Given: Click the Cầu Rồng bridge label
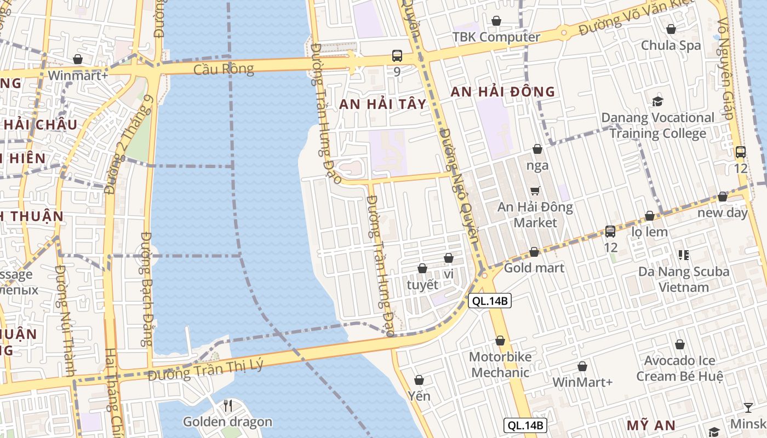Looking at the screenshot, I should click(224, 70).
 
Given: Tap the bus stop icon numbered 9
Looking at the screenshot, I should click(397, 56).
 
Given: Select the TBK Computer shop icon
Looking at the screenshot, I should click(496, 21).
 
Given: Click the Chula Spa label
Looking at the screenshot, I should click(671, 45).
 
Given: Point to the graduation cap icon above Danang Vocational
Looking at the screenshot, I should click(657, 101).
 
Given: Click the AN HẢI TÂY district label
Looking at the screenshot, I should click(382, 104).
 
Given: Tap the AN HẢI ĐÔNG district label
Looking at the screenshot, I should click(502, 92).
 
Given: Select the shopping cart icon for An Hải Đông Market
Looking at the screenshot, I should click(535, 191).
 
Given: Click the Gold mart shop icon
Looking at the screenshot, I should click(534, 252).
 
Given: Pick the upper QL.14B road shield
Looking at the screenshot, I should click(490, 301).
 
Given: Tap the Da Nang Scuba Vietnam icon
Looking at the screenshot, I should click(683, 255).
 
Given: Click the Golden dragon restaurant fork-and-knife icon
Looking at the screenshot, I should click(228, 406).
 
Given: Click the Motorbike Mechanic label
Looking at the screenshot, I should click(500, 365).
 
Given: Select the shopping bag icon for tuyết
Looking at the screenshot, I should click(422, 268).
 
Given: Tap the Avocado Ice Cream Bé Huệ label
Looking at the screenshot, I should click(679, 368).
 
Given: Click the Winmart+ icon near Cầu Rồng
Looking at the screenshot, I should click(78, 59).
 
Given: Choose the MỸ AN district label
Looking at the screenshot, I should click(651, 425).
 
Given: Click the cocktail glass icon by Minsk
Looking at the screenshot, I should click(748, 407).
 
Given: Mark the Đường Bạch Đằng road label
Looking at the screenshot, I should click(146, 289).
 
